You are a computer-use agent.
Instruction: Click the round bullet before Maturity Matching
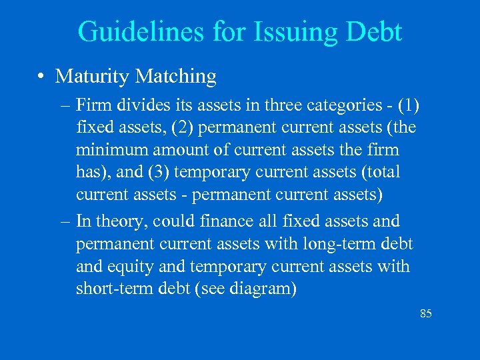point(42,77)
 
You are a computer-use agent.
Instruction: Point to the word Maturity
point(92,77)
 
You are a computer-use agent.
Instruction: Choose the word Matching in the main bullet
point(175,77)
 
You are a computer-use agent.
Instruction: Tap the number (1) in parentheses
point(406,106)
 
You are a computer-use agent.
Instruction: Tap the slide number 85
point(426,313)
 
